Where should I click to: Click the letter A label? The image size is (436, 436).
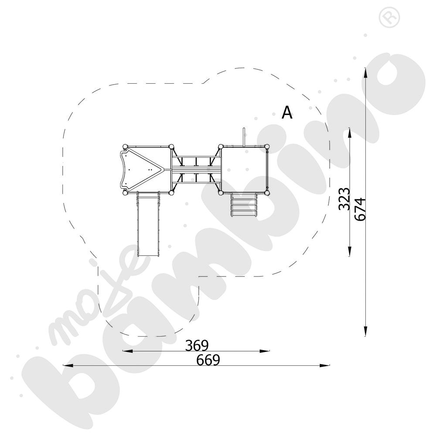[x=287, y=112]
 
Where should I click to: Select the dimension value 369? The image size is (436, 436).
[x=197, y=346]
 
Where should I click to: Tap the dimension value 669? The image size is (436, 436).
[x=208, y=360]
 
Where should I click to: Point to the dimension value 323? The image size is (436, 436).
[x=344, y=198]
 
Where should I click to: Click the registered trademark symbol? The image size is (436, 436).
[x=389, y=17]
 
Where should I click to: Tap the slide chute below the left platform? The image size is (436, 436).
[x=148, y=224]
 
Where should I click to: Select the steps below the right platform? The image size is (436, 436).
[x=243, y=204]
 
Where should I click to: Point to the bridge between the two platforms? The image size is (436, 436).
[x=196, y=169]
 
